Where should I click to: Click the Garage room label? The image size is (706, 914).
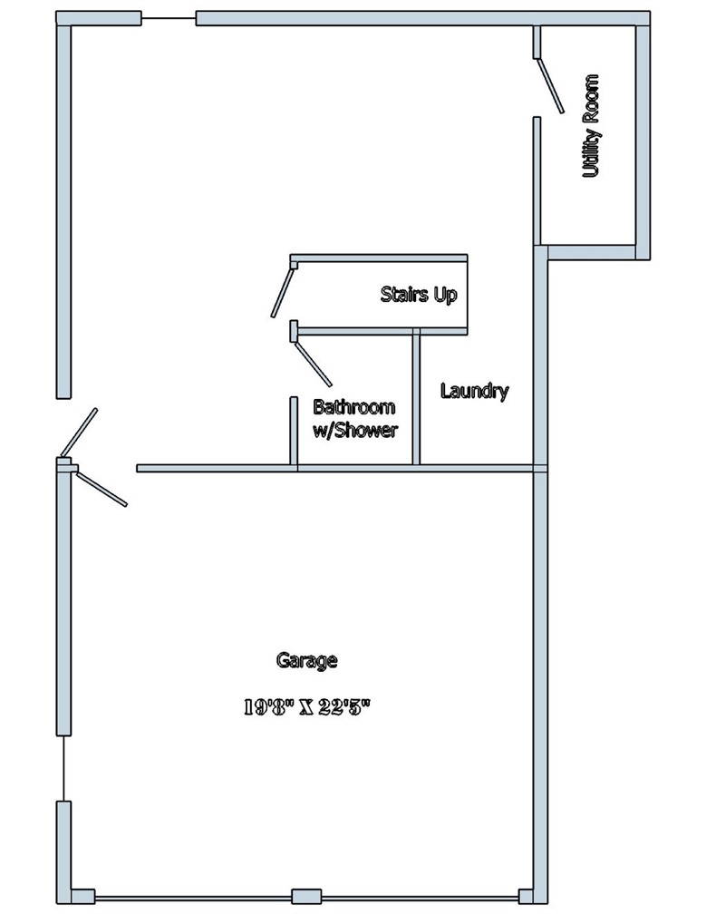306,660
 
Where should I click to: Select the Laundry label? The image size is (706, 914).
474,392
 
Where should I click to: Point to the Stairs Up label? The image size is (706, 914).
419,295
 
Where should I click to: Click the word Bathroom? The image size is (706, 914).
354,407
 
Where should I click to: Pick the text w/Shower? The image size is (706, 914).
354,431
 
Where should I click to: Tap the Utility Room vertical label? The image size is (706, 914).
592,126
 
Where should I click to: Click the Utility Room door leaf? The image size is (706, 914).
551,88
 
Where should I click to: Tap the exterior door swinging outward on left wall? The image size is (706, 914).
79,433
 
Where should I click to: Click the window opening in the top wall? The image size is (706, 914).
169,18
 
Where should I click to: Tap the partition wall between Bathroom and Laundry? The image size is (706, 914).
416,398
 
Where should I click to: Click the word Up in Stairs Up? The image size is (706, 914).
444,296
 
